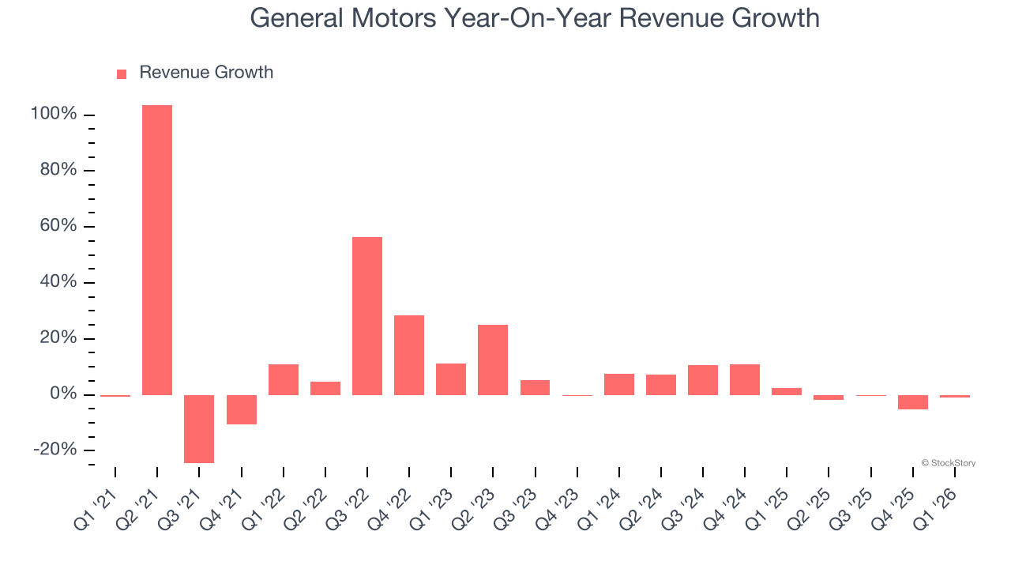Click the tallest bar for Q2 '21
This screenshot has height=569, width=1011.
(157, 250)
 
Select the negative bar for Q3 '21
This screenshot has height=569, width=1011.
(199, 428)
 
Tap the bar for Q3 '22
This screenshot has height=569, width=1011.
(367, 315)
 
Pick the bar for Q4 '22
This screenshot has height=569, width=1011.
(409, 355)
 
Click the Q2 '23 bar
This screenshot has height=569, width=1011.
(493, 360)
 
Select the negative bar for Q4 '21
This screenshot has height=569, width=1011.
(242, 409)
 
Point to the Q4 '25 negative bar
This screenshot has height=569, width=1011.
(913, 402)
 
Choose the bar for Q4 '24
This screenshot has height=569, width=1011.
(745, 379)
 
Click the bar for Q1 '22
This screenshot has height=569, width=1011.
(284, 379)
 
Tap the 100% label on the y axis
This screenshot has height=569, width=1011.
(54, 115)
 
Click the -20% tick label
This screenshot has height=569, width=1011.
(56, 450)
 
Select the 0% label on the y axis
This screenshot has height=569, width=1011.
(62, 394)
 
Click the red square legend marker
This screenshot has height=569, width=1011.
(122, 74)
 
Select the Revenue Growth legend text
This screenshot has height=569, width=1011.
(206, 73)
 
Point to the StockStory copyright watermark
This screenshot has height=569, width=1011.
(948, 463)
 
